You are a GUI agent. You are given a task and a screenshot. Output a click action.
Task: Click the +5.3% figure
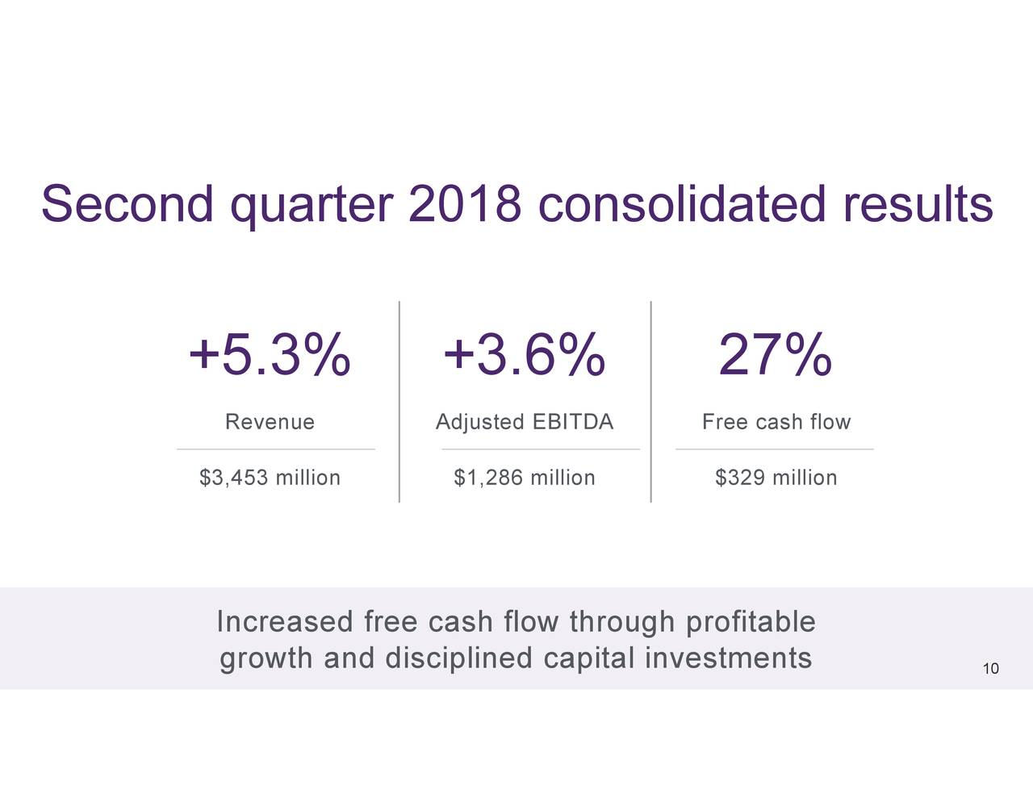pyautogui.click(x=270, y=355)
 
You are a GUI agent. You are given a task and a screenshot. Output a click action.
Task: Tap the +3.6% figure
pyautogui.click(x=524, y=355)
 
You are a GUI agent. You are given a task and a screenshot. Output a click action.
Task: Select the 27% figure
pyautogui.click(x=775, y=355)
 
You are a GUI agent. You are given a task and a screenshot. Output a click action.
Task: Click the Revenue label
pyautogui.click(x=270, y=422)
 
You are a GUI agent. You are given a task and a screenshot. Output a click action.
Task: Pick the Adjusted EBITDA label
pyautogui.click(x=525, y=422)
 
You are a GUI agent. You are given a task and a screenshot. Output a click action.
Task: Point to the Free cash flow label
pyautogui.click(x=776, y=422)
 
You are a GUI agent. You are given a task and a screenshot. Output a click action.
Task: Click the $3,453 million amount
pyautogui.click(x=270, y=478)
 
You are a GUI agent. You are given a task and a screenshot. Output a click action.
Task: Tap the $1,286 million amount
pyautogui.click(x=525, y=478)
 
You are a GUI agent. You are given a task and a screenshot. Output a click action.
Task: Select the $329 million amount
pyautogui.click(x=776, y=478)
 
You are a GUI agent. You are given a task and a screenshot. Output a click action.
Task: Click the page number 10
pyautogui.click(x=991, y=669)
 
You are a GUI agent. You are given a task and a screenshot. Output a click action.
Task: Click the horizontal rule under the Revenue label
pyautogui.click(x=276, y=449)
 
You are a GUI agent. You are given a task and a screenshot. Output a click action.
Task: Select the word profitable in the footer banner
pyautogui.click(x=750, y=622)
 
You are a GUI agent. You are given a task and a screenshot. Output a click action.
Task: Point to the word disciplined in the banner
pyautogui.click(x=458, y=658)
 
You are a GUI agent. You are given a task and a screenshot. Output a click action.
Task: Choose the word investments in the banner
pyautogui.click(x=728, y=658)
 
